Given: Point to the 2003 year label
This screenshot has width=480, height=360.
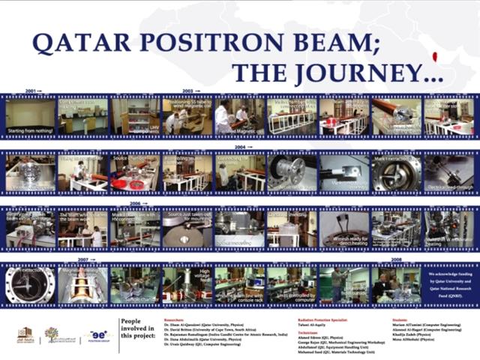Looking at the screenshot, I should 188,91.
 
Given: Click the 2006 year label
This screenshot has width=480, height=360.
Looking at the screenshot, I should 136,203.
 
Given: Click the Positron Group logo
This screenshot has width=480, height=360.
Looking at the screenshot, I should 98,335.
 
